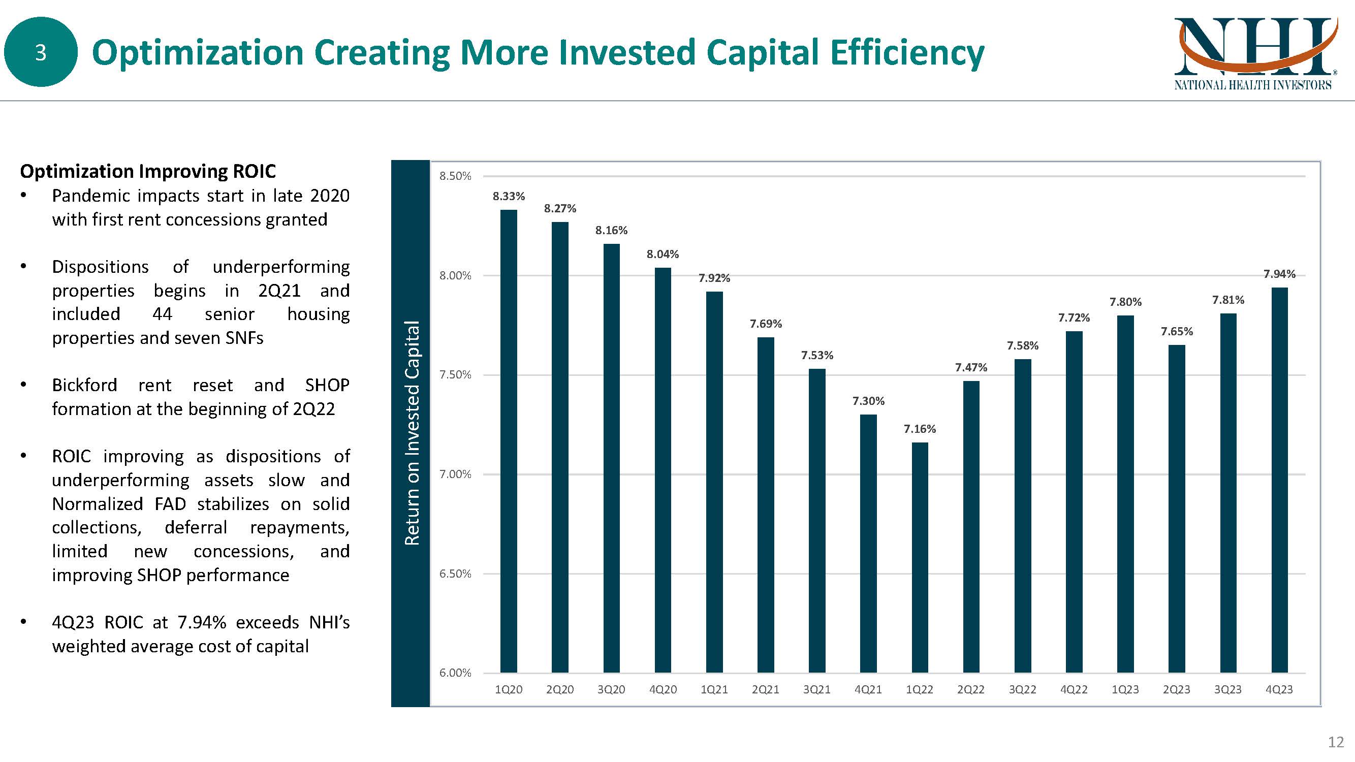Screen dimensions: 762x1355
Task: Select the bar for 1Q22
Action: click(920, 557)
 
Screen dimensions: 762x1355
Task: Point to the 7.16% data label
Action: click(920, 429)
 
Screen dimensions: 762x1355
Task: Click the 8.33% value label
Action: click(508, 196)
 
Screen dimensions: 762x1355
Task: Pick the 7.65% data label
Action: click(1177, 331)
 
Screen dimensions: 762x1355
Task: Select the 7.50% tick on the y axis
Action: click(455, 374)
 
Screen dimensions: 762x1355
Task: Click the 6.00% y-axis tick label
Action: click(455, 673)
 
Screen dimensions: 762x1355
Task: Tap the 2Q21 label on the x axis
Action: click(765, 689)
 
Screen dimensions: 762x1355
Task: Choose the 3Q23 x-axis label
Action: click(1227, 689)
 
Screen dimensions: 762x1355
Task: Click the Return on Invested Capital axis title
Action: click(412, 432)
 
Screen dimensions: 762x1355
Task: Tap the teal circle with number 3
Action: click(41, 52)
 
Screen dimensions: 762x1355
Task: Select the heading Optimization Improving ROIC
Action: click(148, 171)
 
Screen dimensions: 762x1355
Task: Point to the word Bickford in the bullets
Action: click(84, 385)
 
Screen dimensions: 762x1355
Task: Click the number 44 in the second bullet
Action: click(162, 314)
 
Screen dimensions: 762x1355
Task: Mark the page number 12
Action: click(1336, 742)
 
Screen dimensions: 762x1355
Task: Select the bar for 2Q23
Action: click(1177, 509)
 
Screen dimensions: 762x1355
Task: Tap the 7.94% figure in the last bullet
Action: click(202, 622)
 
